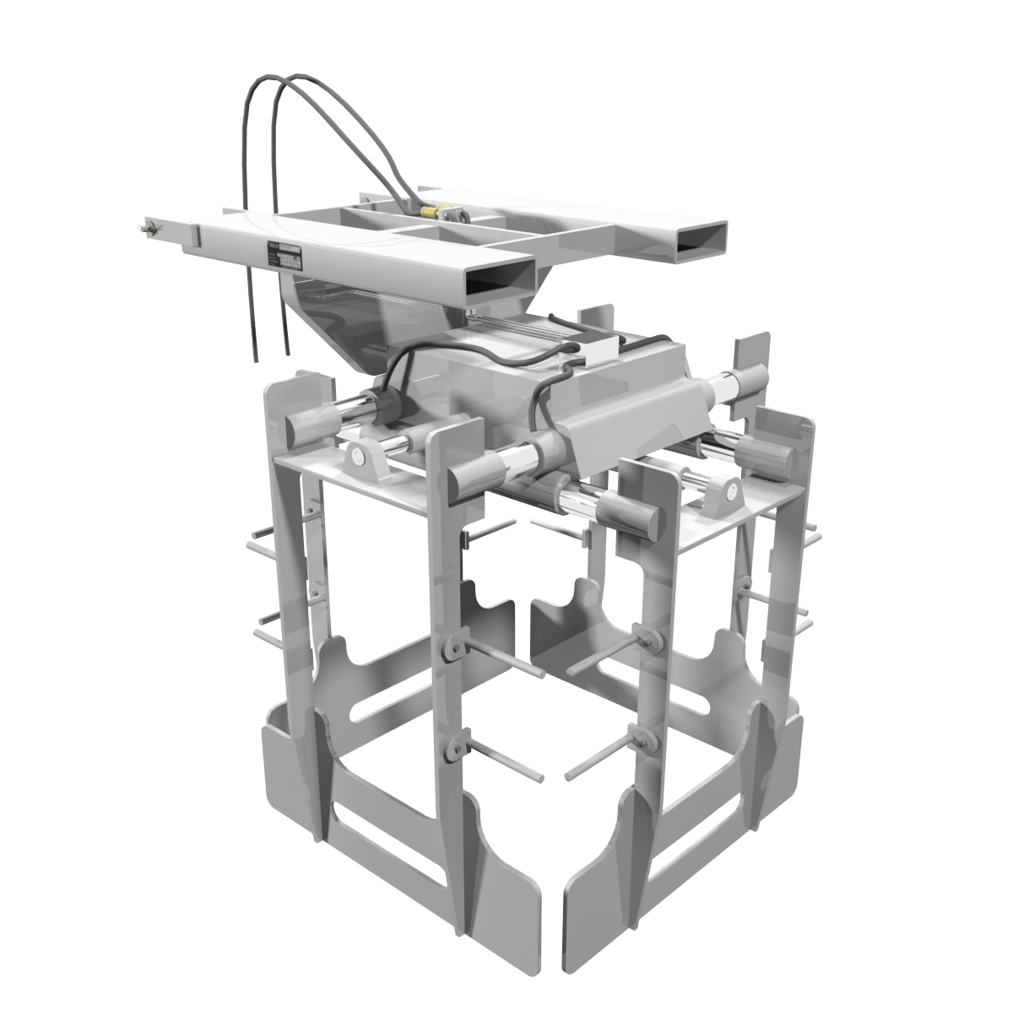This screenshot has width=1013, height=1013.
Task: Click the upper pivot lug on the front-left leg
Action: coord(453,647)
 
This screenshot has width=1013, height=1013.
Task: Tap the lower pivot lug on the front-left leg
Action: coord(453,746)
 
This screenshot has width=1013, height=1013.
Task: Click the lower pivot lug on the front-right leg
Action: coord(648,741)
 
